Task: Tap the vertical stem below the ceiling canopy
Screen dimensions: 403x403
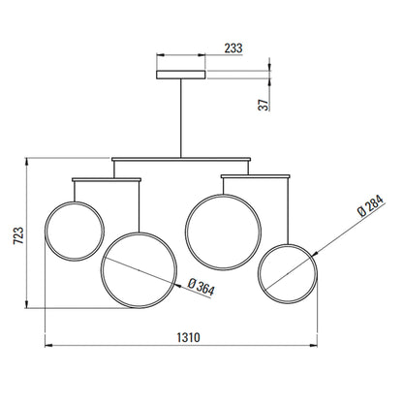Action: click(x=181, y=116)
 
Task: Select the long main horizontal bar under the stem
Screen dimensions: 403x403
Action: click(x=181, y=158)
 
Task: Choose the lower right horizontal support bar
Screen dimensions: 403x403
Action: click(x=256, y=175)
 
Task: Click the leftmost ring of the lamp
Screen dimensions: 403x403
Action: click(x=76, y=230)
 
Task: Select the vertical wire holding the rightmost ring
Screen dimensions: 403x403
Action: click(x=288, y=208)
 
